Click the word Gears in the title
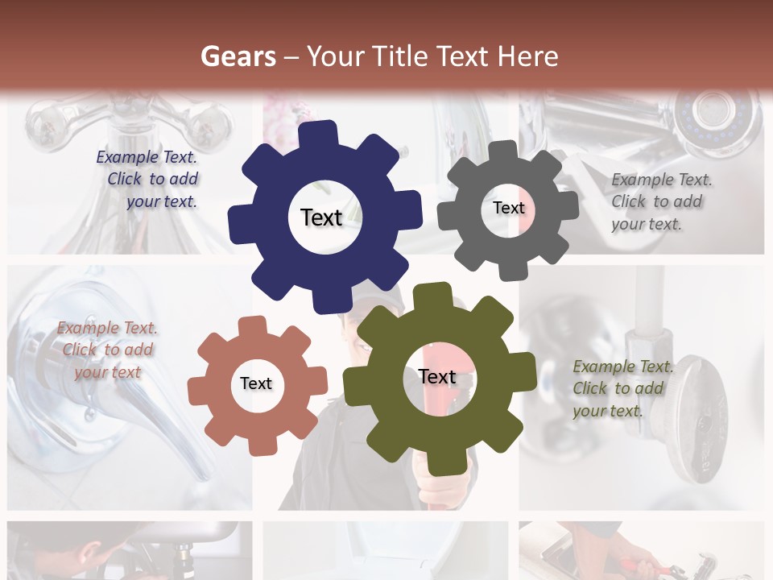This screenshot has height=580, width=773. (238, 56)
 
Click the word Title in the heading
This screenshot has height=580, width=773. (402, 56)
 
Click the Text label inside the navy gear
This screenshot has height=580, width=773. (321, 217)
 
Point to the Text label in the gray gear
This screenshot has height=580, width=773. (508, 208)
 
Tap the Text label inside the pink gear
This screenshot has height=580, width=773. (256, 384)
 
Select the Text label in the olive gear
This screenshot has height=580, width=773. (437, 377)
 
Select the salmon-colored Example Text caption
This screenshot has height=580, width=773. (108, 350)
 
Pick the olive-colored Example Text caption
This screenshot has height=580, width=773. (620, 389)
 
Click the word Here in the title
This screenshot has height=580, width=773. (527, 56)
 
